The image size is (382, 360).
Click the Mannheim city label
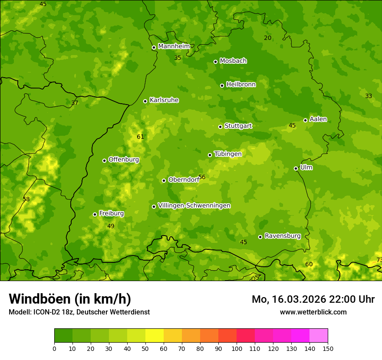point(174,46)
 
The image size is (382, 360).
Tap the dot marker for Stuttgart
point(220,127)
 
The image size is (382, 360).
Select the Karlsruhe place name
point(164,100)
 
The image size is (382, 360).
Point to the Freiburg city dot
point(95,214)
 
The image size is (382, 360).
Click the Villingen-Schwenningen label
point(194,206)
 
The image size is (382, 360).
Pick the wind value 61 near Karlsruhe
point(140,137)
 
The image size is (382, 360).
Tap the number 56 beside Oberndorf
point(201,177)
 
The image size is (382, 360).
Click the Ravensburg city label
point(283,236)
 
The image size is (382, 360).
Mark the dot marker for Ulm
point(296,168)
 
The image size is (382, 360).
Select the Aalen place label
point(318,119)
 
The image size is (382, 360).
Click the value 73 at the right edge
point(379,260)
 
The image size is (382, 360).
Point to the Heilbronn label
point(241,85)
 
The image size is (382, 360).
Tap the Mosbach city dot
point(215,62)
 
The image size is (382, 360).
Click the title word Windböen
point(39,299)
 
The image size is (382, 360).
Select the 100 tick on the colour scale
point(237,348)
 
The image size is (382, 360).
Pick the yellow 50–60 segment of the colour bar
point(155,335)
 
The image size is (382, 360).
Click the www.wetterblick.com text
point(313,312)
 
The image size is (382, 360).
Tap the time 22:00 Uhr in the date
point(352,299)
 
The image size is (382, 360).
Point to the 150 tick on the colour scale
point(327,348)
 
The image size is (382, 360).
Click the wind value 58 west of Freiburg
point(26,199)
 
